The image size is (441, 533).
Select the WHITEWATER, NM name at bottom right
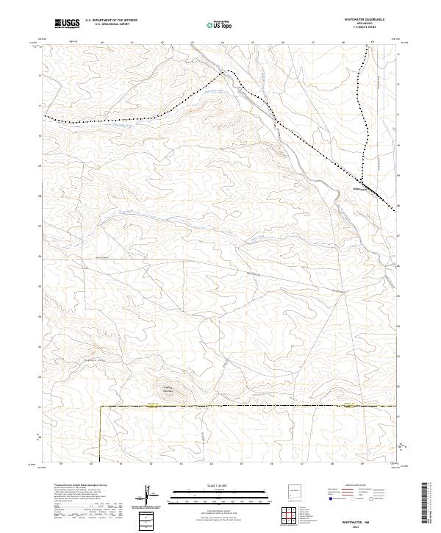pyautogui.click(x=376, y=519)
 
